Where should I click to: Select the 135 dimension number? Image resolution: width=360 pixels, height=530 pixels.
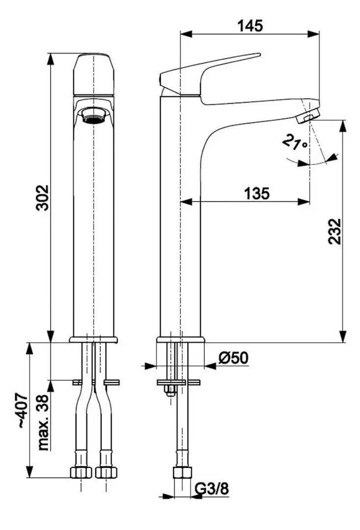(x=256, y=194)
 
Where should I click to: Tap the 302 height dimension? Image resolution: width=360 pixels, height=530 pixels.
(x=43, y=197)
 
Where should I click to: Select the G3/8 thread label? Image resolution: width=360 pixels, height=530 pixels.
(x=213, y=489)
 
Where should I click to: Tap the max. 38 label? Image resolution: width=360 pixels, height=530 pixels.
(x=43, y=423)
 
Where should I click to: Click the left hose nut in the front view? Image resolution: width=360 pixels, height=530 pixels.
(x=81, y=472)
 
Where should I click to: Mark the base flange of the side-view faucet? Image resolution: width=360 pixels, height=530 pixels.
(x=181, y=340)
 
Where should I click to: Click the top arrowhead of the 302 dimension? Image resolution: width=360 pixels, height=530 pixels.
(x=51, y=57)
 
